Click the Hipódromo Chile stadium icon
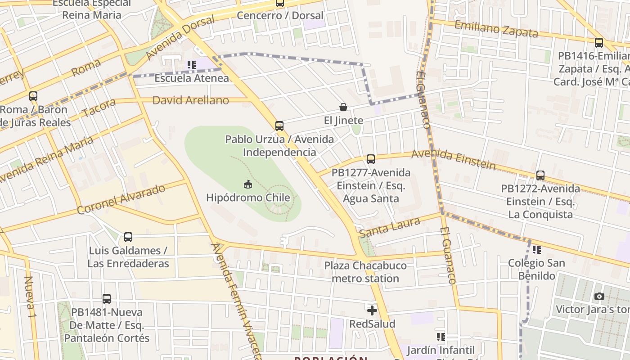248,184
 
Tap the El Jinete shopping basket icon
343,107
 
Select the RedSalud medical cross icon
372,310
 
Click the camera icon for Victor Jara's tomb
599,296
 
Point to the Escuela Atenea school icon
192,65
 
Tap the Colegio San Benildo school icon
536,249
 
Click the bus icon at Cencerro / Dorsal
280,3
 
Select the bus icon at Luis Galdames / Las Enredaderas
128,237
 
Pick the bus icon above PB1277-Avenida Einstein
371,159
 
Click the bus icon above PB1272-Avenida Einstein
540,175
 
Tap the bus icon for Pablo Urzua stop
279,126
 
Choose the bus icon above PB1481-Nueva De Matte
107,298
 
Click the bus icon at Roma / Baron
33,96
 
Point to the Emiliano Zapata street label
496,29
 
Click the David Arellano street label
190,100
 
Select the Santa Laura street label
390,227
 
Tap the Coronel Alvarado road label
121,199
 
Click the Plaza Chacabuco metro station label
365,272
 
